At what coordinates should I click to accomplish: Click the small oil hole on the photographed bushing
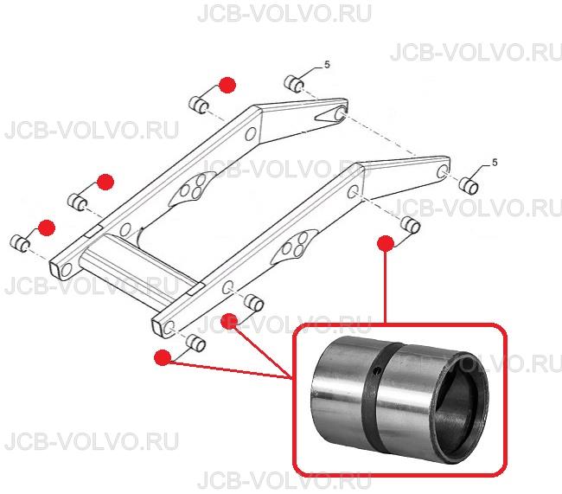[x=374, y=371]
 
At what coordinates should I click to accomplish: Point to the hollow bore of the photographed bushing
[x=461, y=409]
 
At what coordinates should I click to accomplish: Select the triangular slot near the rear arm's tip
[x=327, y=115]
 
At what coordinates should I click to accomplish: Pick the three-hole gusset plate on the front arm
[x=294, y=247]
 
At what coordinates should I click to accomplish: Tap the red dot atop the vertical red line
[x=386, y=244]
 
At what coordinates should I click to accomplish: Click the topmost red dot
[x=227, y=85]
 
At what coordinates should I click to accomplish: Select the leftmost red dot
[x=47, y=228]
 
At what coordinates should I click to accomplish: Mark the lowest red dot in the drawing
[x=163, y=357]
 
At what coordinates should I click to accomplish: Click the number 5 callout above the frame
[x=327, y=65]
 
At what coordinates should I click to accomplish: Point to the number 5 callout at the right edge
[x=495, y=163]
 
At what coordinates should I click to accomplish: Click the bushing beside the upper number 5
[x=294, y=84]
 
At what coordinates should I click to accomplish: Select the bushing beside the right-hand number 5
[x=469, y=185]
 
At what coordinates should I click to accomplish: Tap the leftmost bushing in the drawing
[x=20, y=243]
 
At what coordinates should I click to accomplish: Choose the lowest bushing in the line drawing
[x=195, y=343]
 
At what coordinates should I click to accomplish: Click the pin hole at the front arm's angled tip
[x=443, y=172]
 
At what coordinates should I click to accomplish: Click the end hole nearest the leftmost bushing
[x=67, y=270]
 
